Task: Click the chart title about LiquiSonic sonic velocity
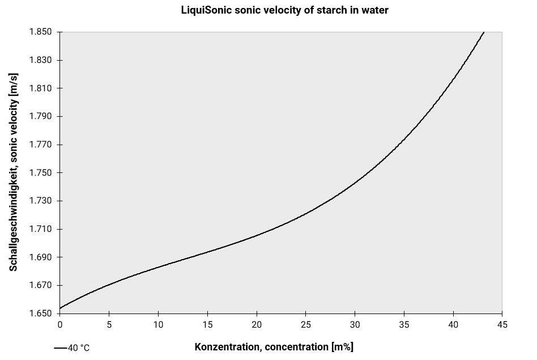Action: click(284, 10)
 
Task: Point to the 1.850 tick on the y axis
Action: click(40, 32)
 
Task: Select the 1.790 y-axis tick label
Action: click(40, 117)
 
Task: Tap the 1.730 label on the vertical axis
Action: click(40, 201)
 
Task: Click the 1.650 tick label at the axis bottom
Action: click(40, 314)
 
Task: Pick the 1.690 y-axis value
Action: click(40, 257)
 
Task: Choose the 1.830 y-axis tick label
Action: click(40, 61)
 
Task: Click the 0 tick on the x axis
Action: click(60, 325)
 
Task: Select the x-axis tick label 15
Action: click(207, 325)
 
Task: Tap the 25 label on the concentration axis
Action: click(306, 325)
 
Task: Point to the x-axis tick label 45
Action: click(502, 325)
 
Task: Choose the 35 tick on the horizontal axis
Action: click(404, 325)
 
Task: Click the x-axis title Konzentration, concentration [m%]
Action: click(274, 347)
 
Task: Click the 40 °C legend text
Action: click(79, 348)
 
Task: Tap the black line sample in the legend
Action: click(60, 348)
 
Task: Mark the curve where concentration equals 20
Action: click(257, 235)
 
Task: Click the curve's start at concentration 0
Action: click(61, 308)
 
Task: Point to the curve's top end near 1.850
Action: click(483, 33)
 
